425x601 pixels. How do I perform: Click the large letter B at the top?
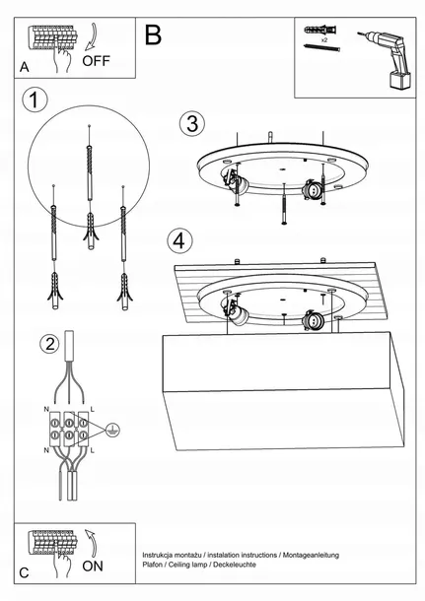pyautogui.click(x=153, y=35)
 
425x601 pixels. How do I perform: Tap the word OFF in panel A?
pyautogui.click(x=97, y=61)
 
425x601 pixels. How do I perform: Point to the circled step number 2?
pyautogui.click(x=48, y=344)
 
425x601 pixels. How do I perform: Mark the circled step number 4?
pyautogui.click(x=178, y=239)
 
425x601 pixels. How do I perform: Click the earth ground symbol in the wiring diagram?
pyautogui.click(x=111, y=429)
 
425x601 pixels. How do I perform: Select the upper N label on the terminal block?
pyautogui.click(x=47, y=407)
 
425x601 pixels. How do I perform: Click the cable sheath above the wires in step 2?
pyautogui.click(x=72, y=347)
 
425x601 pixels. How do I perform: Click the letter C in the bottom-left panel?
pyautogui.click(x=25, y=571)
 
